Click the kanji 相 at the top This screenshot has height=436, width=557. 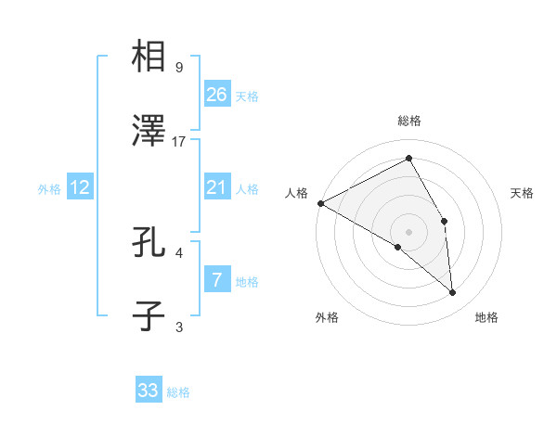pos(149,57)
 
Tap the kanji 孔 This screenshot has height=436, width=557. pos(149,243)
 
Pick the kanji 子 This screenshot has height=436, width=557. pos(149,316)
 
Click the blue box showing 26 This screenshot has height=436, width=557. pos(217,94)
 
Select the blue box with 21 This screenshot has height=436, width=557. pos(216,187)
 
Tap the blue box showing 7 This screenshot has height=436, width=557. pos(216,279)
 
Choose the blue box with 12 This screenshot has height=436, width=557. pos(80,187)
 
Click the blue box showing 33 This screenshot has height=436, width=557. pos(149,391)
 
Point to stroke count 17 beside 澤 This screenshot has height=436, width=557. pos(179,142)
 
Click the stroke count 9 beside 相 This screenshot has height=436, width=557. pos(178,67)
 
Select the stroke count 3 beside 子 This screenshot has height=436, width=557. pos(178,327)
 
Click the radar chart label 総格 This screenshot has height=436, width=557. pos(408,122)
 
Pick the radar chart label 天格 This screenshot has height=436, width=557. pos(523,193)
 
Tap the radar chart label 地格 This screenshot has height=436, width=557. pos(486,318)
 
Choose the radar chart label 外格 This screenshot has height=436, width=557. pos(327,318)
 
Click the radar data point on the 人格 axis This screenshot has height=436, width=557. pos(320,203)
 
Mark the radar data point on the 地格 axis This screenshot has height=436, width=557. pos(452,292)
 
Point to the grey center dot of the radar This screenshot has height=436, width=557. pos(408,231)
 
